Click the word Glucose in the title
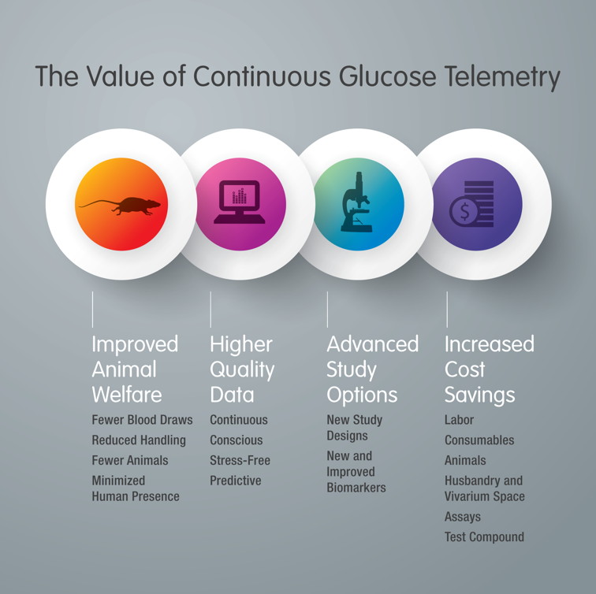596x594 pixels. [387, 76]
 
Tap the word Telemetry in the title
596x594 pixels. [502, 78]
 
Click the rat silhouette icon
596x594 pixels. [120, 206]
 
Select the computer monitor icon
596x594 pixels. [240, 202]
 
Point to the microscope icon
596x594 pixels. [356, 202]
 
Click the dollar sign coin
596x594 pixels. [464, 212]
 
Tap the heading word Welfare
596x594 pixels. [127, 395]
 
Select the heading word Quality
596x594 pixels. [242, 370]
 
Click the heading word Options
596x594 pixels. [362, 395]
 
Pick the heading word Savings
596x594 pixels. [479, 395]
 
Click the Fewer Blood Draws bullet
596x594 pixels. [142, 420]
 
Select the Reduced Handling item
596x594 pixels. [139, 440]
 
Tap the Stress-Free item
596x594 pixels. [240, 460]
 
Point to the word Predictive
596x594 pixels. [235, 481]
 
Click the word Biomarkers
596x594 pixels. [356, 488]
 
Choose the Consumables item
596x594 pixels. [479, 440]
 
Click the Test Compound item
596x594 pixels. [484, 537]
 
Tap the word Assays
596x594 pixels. [463, 517]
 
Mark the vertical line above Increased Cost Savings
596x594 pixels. [447, 309]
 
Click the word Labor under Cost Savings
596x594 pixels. [459, 420]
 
